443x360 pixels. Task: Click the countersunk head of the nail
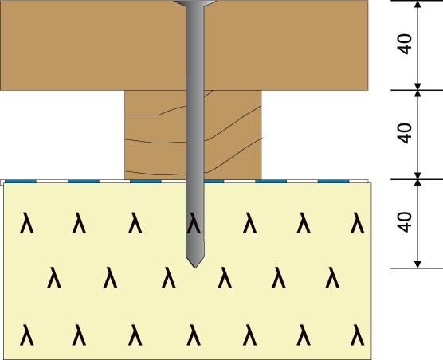(195, 3)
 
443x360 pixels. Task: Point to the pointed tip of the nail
(195, 268)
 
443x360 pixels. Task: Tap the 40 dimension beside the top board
(405, 44)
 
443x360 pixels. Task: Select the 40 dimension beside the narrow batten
(405, 133)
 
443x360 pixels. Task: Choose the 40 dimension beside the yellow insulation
(405, 222)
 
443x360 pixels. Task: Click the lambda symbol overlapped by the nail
(194, 223)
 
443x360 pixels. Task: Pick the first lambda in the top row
(27, 223)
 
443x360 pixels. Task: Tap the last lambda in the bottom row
(358, 335)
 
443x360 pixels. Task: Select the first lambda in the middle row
(54, 277)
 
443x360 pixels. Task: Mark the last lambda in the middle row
(332, 277)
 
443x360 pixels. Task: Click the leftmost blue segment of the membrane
(21, 182)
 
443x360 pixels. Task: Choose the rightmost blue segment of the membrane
(333, 182)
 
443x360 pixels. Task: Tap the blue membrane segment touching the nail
(214, 182)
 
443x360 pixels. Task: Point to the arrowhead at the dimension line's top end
(418, 4)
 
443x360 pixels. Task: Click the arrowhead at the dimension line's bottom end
(418, 264)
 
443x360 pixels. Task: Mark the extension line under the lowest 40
(417, 268)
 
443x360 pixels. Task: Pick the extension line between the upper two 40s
(417, 90)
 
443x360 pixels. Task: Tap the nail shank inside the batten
(195, 135)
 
